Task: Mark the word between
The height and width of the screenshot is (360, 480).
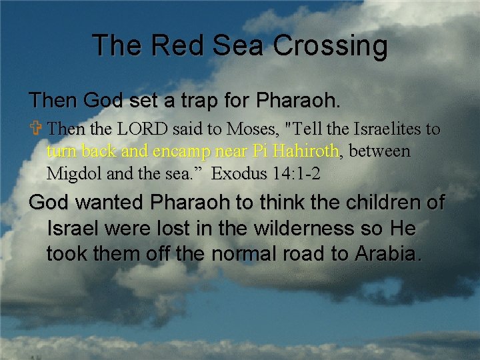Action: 380,151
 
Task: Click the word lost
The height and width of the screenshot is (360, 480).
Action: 179,229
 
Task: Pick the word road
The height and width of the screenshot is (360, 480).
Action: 287,254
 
